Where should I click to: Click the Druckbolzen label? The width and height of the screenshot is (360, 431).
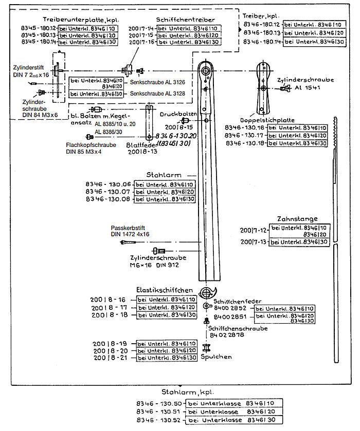178,114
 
